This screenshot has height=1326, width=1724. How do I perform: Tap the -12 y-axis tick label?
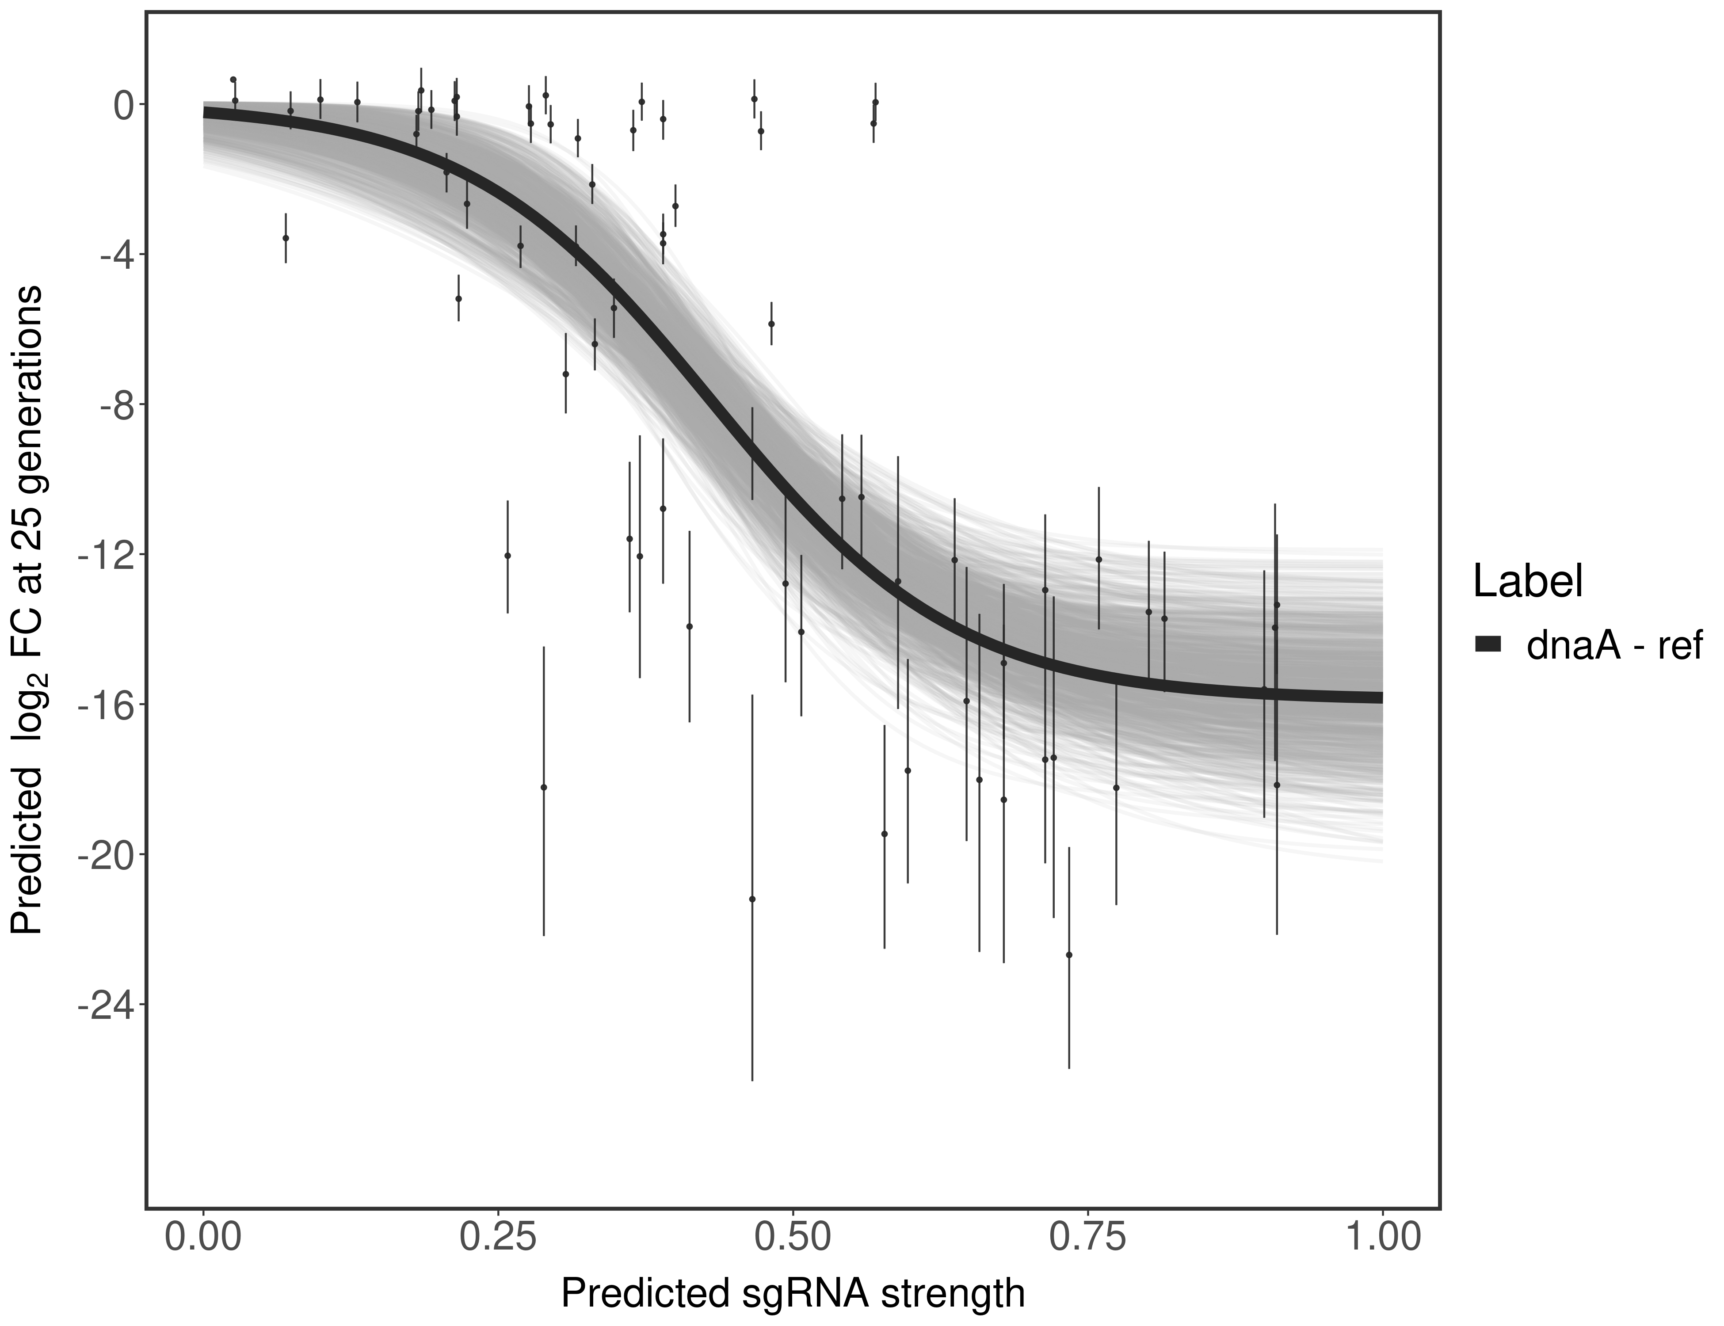click(x=103, y=554)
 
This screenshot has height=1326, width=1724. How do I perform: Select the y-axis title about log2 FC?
click(x=27, y=610)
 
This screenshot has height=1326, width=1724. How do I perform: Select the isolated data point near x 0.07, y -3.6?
click(x=286, y=238)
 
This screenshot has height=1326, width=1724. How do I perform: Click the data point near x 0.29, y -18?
click(x=543, y=787)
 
